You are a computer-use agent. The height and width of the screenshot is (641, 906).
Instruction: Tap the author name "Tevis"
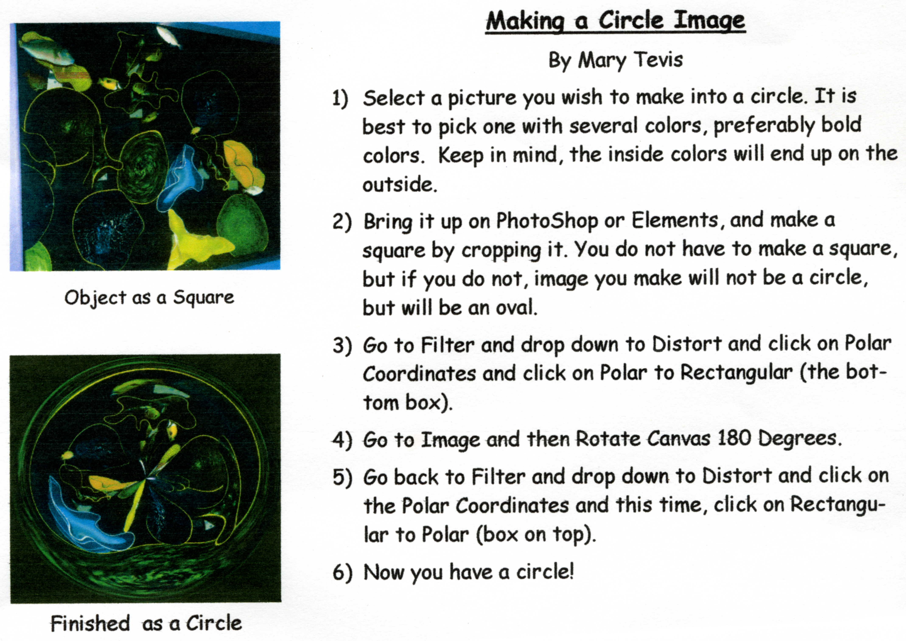tap(658, 60)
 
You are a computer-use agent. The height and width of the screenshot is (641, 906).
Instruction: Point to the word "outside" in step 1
tap(400, 185)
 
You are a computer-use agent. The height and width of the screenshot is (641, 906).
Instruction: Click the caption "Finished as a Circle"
tap(146, 624)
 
